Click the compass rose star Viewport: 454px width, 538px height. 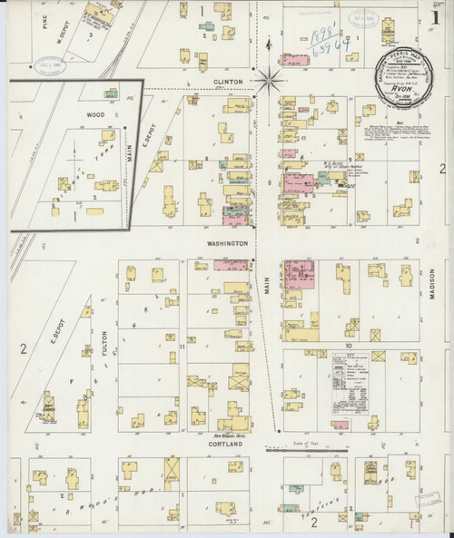tap(269, 80)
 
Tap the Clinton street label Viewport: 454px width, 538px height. tap(228, 82)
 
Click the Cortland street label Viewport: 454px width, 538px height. tap(227, 445)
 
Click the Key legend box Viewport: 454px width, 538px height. tap(347, 381)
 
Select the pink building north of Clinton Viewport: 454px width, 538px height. tap(297, 61)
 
